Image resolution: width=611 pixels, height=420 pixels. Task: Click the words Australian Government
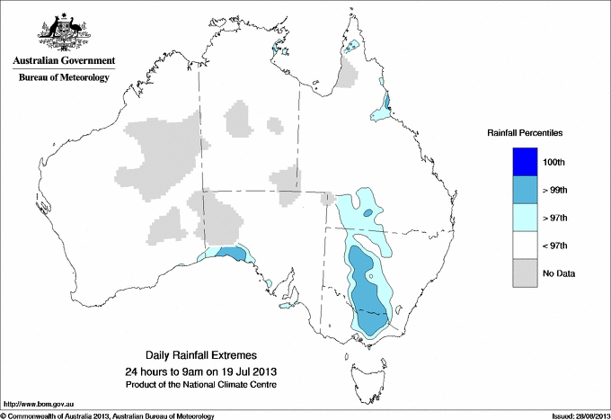click(63, 61)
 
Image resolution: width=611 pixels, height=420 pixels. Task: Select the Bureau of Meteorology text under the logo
click(63, 77)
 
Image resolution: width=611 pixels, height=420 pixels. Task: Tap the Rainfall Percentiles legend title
click(525, 132)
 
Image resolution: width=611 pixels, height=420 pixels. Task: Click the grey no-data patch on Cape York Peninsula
click(348, 76)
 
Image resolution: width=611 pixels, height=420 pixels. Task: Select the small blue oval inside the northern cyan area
click(368, 212)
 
